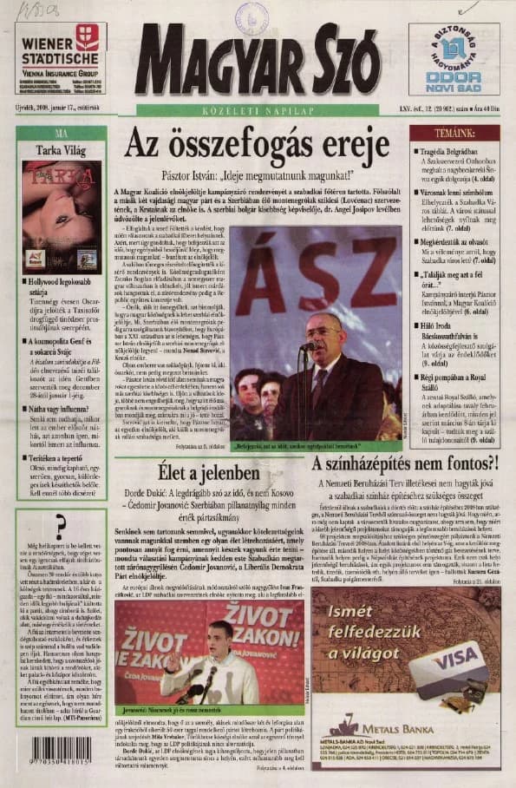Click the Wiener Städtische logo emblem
pyautogui.click(x=88, y=36)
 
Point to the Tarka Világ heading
pyautogui.click(x=60, y=149)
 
